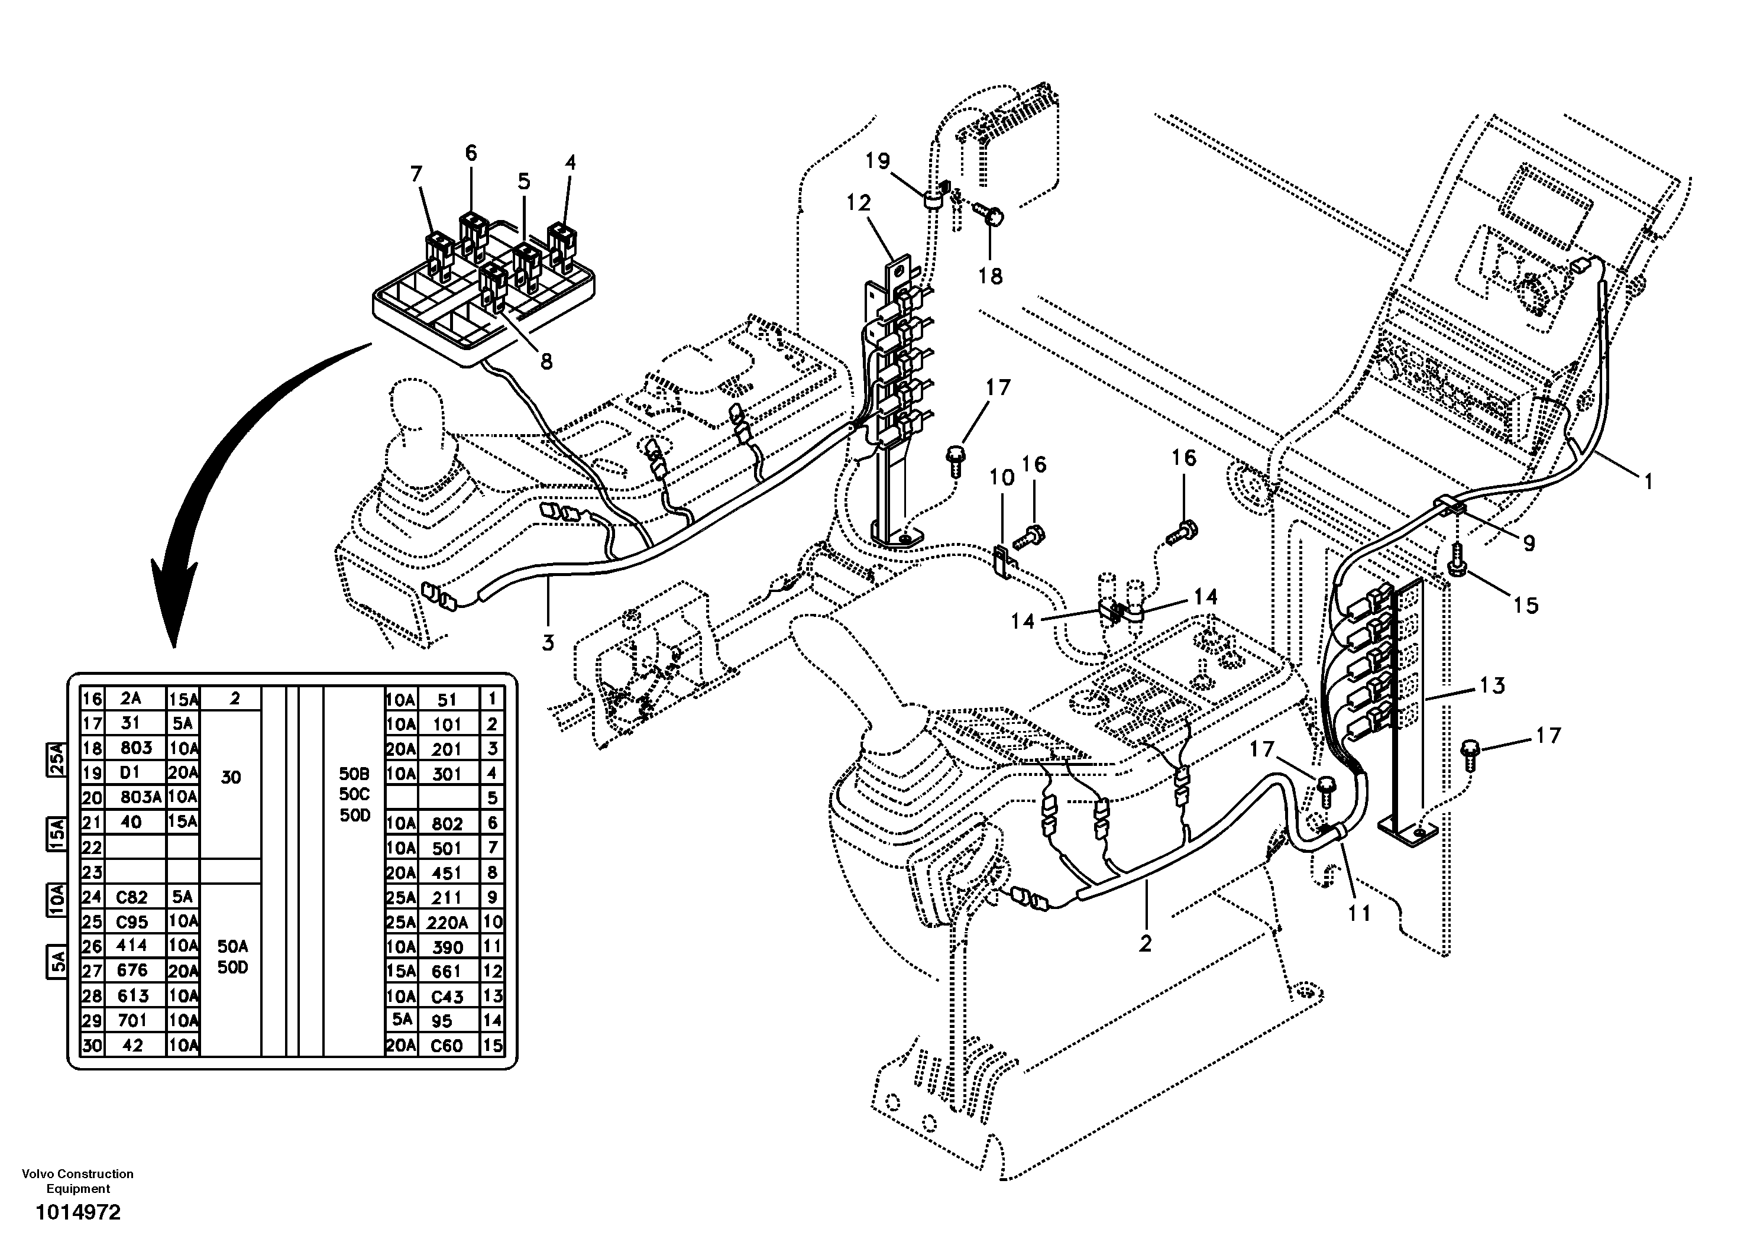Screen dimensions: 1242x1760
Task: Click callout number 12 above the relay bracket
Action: [x=859, y=204]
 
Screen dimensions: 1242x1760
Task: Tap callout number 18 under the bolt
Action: [x=991, y=276]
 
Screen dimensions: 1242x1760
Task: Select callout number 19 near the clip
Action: [x=878, y=162]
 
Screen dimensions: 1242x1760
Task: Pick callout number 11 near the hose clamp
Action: [x=1359, y=913]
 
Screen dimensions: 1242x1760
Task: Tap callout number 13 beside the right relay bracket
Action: [x=1492, y=685]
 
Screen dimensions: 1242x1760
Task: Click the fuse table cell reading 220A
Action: [x=447, y=922]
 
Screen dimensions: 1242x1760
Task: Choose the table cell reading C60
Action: [x=447, y=1046]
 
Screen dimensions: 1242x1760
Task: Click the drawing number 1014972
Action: [x=77, y=1212]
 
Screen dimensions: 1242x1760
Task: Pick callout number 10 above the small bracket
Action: [x=1001, y=478]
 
